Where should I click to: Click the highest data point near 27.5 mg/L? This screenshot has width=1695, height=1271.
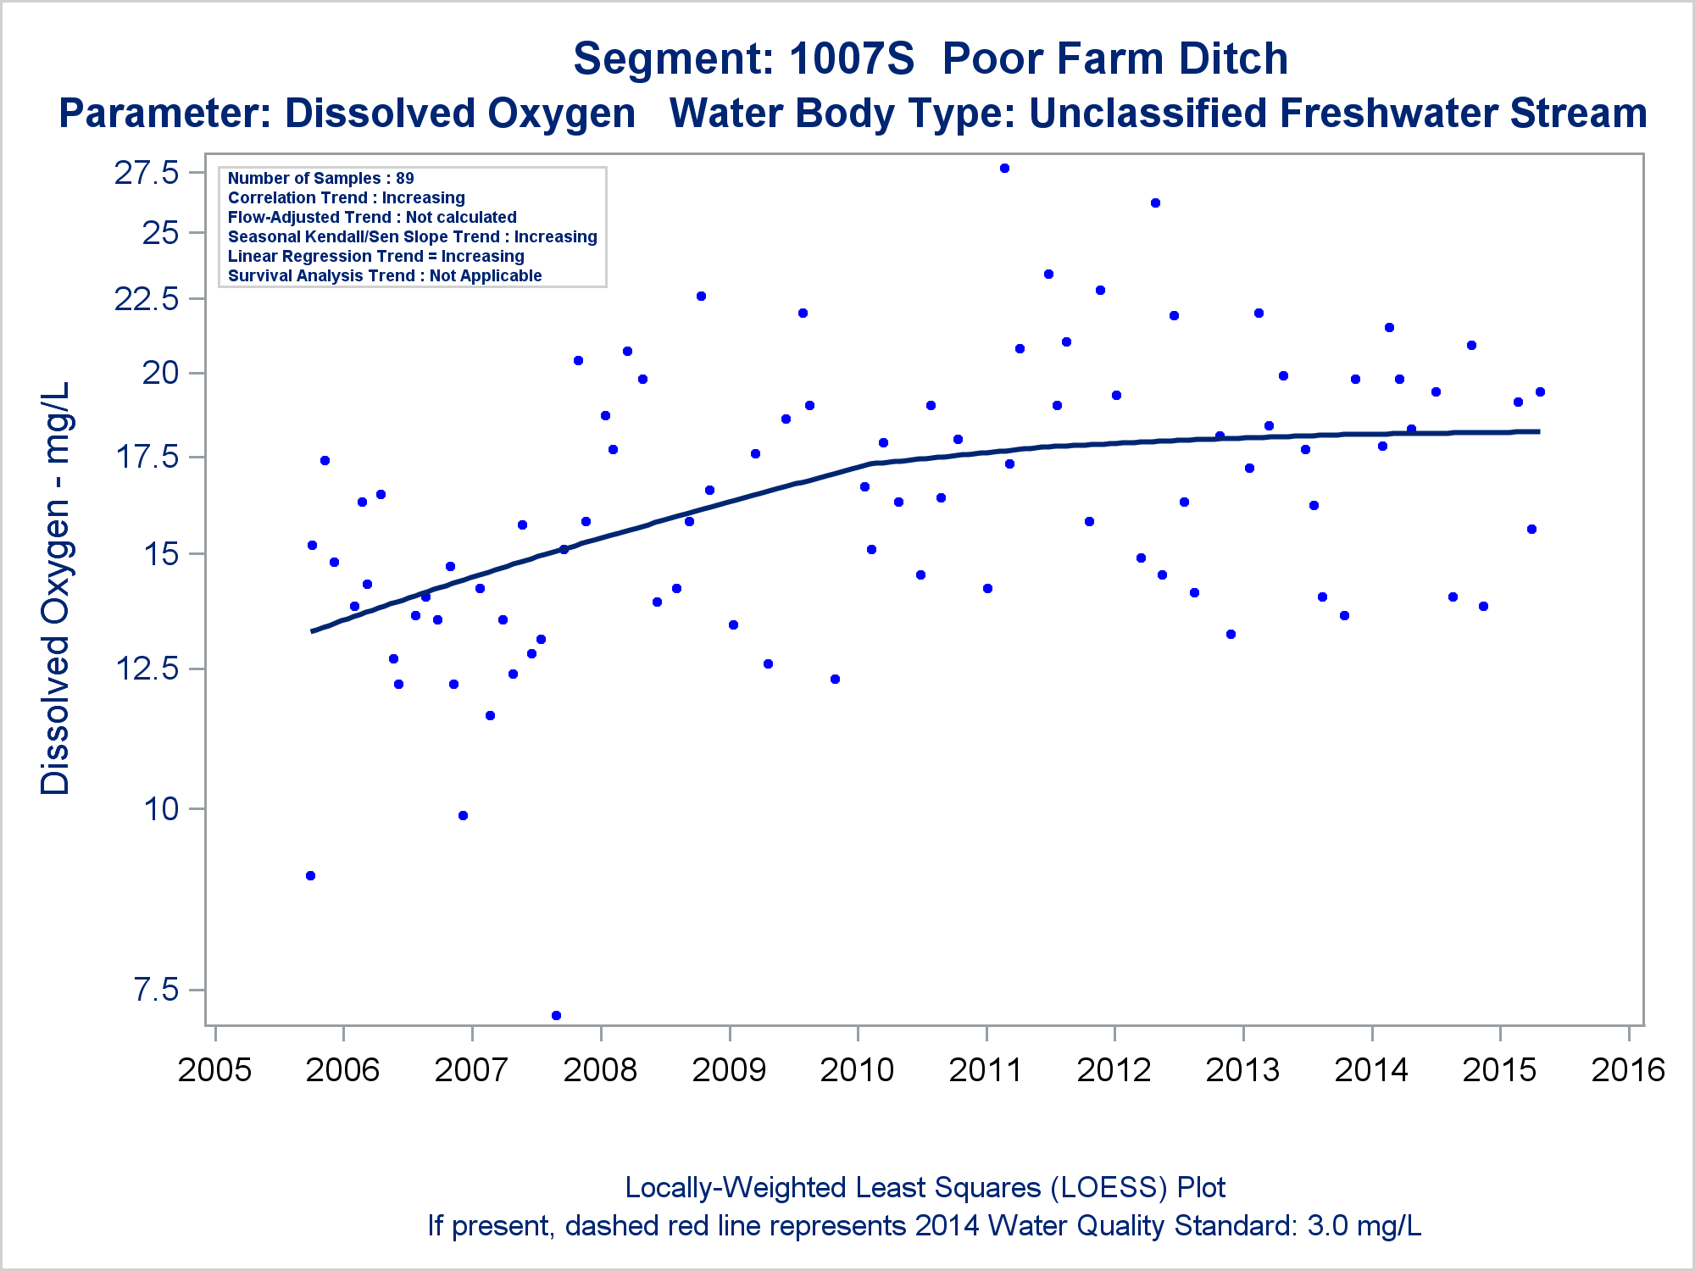tap(1004, 169)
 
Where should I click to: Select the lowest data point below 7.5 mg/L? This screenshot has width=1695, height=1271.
tap(556, 1015)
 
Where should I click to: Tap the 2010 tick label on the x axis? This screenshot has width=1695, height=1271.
tap(857, 1070)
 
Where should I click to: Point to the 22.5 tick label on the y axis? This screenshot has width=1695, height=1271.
tap(147, 299)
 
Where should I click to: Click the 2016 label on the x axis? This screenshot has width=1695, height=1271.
tap(1628, 1070)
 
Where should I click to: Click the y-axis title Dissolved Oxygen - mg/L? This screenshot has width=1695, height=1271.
tap(56, 588)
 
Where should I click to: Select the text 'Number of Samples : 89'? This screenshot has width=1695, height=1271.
tap(320, 178)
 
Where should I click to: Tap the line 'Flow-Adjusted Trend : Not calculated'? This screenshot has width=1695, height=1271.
tap(372, 217)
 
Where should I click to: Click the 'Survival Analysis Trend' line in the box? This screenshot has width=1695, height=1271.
tap(385, 275)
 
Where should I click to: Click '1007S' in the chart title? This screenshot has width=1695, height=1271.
tap(852, 59)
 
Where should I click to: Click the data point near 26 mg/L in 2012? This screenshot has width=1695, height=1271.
tap(1155, 203)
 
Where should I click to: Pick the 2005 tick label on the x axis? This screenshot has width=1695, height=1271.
tap(214, 1070)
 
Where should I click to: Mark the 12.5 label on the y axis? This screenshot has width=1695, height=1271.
tap(147, 669)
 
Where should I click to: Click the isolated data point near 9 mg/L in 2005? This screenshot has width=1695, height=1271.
tap(310, 875)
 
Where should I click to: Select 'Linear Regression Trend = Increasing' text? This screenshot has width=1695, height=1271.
tap(375, 256)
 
